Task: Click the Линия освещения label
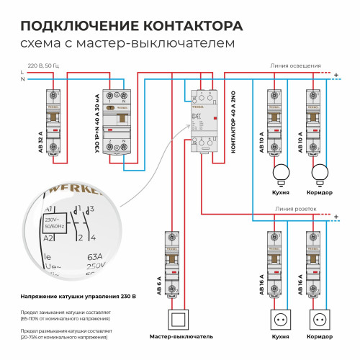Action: click(295, 66)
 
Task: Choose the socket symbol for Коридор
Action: click(319, 318)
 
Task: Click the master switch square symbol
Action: click(177, 318)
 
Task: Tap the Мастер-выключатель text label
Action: click(181, 336)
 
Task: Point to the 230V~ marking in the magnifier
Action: click(52, 220)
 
